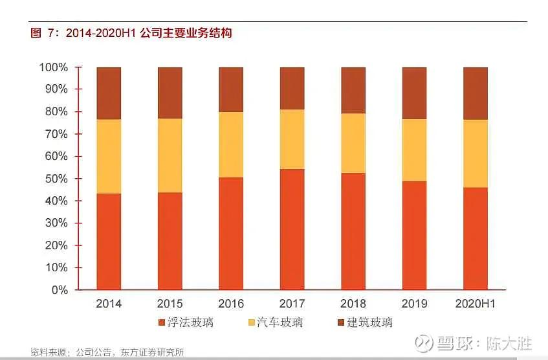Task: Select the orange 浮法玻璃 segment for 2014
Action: tap(109, 241)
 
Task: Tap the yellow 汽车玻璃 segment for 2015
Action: tap(170, 155)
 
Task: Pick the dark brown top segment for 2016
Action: tap(231, 89)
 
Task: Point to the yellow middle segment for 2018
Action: tap(353, 143)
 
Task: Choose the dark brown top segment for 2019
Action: tap(414, 93)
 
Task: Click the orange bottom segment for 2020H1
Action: tap(476, 238)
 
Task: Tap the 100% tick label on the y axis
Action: tap(54, 67)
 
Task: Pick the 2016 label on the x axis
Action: tap(231, 304)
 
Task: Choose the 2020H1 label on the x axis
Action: tap(476, 304)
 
